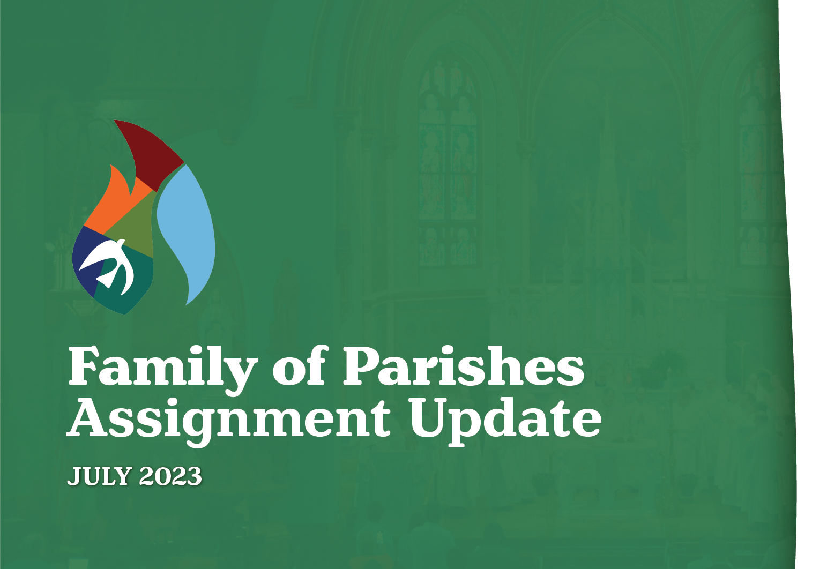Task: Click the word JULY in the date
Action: coord(100,476)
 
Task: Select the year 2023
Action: coord(170,476)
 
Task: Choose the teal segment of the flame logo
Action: coord(134,284)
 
